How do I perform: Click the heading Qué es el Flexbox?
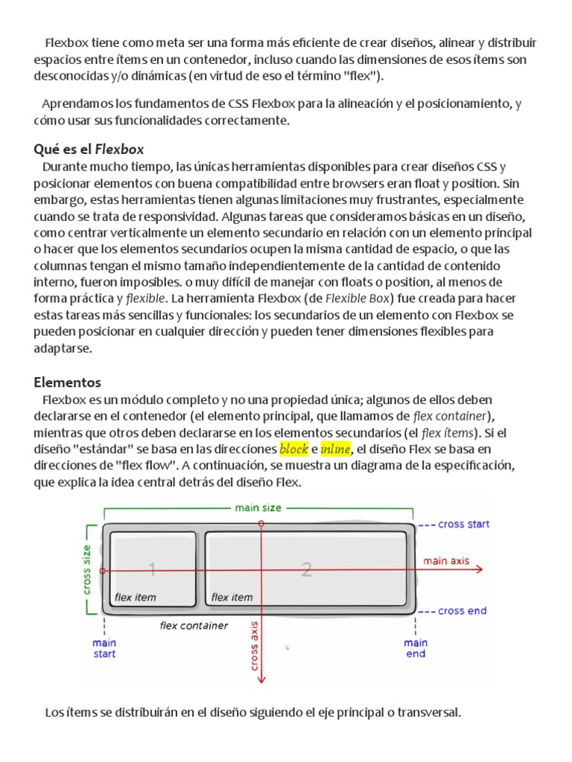tap(89, 149)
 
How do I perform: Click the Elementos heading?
tap(67, 382)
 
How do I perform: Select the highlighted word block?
tap(293, 449)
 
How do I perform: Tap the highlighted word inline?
tap(335, 449)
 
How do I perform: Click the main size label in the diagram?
tap(258, 508)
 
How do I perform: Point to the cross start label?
tap(463, 525)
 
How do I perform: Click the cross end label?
tap(462, 611)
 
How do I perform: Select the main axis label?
tap(447, 561)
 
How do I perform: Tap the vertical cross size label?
tap(88, 571)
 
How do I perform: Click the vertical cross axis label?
tap(255, 645)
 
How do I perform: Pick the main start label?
tap(104, 648)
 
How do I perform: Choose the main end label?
tap(416, 648)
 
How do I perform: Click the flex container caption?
tap(194, 626)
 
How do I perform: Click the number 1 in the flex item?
tap(152, 570)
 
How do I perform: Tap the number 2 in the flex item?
tap(306, 570)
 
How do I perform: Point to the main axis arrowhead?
tap(480, 570)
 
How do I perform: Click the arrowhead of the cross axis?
tap(261, 678)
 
